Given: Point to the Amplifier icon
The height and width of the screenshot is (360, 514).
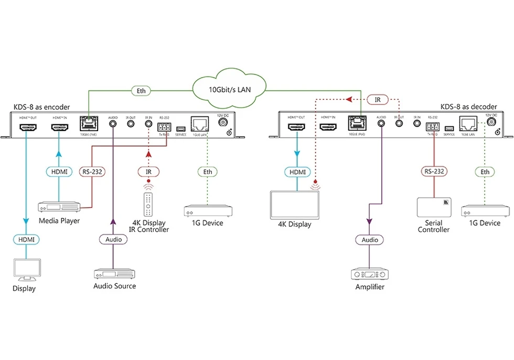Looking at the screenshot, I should pos(370,274).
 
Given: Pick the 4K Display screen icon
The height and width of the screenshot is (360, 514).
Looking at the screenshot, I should pos(296,205).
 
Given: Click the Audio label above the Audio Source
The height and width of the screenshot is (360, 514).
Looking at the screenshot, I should pos(113,239).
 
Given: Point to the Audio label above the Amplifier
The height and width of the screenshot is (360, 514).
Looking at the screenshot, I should pos(370,240).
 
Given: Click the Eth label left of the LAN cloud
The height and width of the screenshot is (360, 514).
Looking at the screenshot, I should pos(141,91).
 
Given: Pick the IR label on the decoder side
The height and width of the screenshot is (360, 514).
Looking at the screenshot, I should pos(377,99).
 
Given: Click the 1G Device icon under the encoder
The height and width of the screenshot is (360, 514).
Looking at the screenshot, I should pos(208,211).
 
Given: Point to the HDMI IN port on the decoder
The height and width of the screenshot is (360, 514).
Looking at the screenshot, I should pos(328,126).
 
